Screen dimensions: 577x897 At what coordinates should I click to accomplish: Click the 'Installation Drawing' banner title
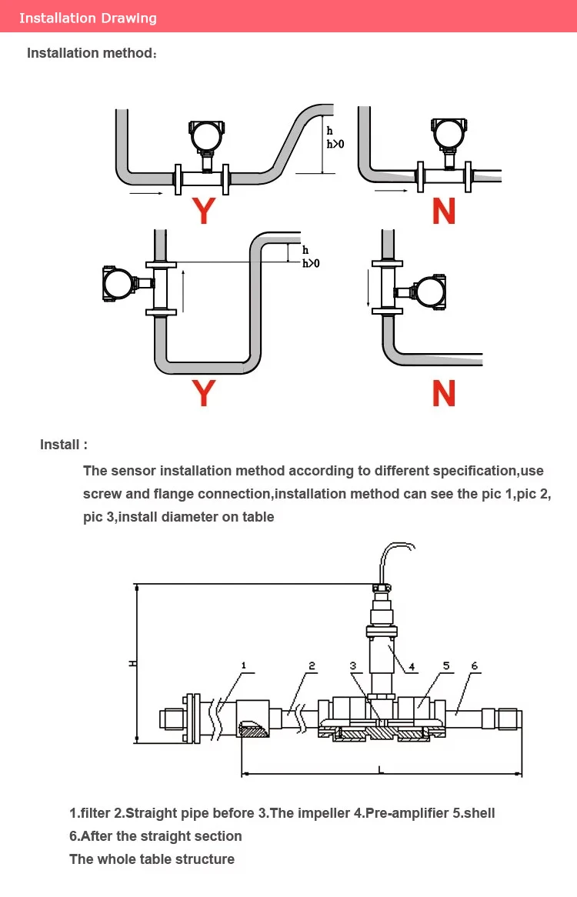tap(88, 18)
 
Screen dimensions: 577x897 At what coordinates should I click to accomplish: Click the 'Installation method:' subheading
tap(92, 53)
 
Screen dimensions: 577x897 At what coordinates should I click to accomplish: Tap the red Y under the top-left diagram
tap(204, 211)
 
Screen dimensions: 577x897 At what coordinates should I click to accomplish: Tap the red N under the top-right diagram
tap(444, 211)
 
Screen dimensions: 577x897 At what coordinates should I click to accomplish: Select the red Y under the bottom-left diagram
tap(204, 393)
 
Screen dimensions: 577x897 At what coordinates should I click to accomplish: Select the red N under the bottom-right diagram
tap(444, 393)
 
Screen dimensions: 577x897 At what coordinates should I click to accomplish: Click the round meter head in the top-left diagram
tap(206, 135)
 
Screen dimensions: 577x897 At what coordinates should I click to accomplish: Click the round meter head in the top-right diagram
tap(449, 133)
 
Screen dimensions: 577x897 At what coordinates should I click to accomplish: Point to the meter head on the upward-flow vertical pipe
tap(119, 283)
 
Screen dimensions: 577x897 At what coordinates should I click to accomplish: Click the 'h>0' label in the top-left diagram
tap(335, 144)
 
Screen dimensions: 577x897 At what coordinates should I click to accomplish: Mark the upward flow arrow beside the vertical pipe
tap(183, 292)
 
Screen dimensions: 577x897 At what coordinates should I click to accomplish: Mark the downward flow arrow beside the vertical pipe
tap(369, 286)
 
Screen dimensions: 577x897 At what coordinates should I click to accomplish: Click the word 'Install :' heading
tap(64, 445)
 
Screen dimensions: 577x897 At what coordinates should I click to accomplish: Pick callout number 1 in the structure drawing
tap(244, 665)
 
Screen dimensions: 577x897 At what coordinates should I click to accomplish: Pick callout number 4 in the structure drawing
tap(411, 666)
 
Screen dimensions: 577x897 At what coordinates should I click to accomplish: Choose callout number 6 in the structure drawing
tap(474, 665)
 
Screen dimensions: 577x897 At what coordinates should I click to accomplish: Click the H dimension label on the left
tap(132, 664)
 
